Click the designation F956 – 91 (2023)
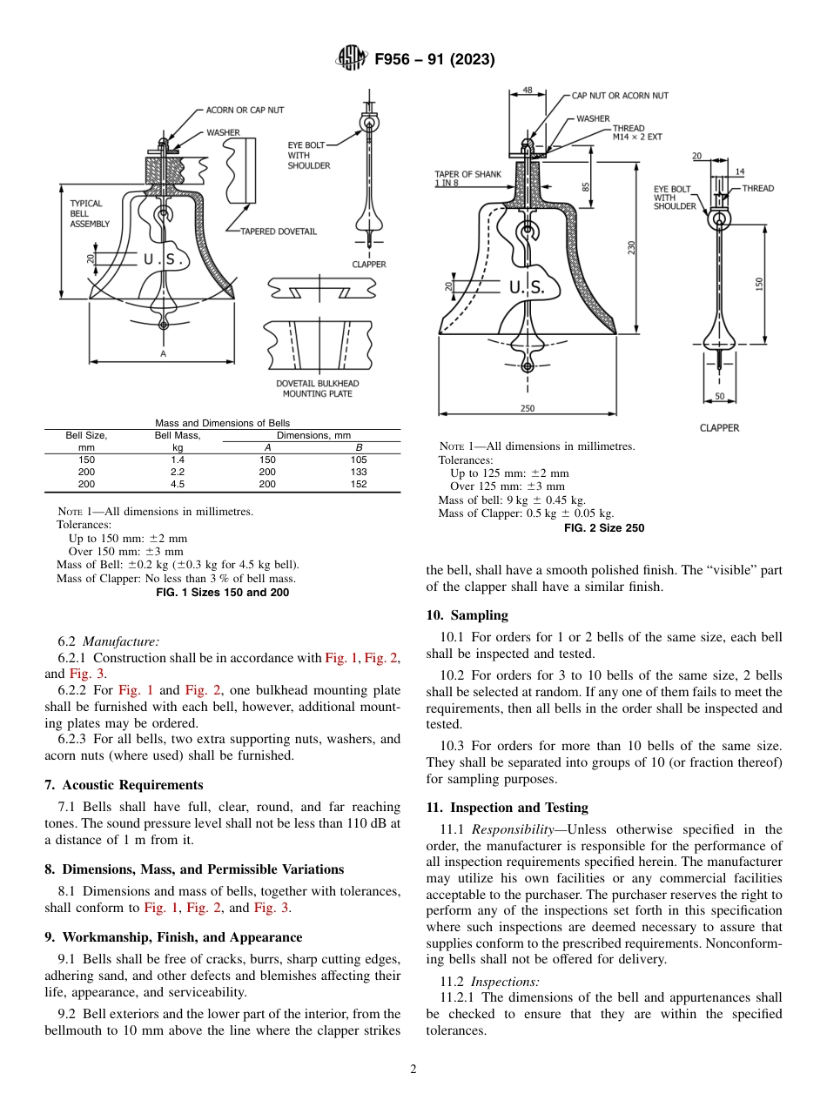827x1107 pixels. coord(434,59)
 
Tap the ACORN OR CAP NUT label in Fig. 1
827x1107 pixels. coord(245,111)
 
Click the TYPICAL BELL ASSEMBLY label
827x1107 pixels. coord(89,213)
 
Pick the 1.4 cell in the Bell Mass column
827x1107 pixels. coord(178,460)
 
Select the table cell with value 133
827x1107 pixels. coord(358,472)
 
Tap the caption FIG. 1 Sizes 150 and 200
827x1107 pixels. coord(222,593)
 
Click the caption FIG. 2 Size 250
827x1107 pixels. coord(604,528)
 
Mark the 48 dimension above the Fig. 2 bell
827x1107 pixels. coord(528,90)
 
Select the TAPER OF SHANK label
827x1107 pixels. coord(467,178)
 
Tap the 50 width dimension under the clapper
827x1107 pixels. coord(719,397)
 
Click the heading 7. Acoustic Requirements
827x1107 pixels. coord(124,785)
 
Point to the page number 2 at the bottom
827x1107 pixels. coord(413,1070)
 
